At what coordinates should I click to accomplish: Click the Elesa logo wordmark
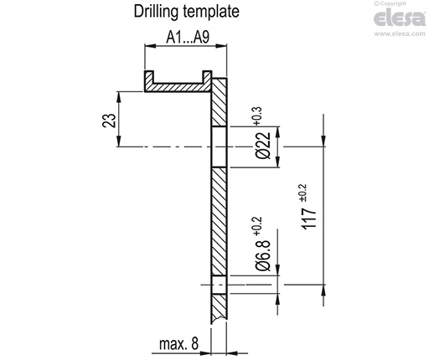[401, 18]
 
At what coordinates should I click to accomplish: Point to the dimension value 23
[108, 120]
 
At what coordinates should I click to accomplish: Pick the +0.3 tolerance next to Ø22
[255, 115]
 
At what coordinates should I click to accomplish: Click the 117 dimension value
[309, 219]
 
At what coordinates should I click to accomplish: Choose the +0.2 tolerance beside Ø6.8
[255, 224]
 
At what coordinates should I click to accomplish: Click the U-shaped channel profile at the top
[177, 85]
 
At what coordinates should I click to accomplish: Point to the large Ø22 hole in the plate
[220, 147]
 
